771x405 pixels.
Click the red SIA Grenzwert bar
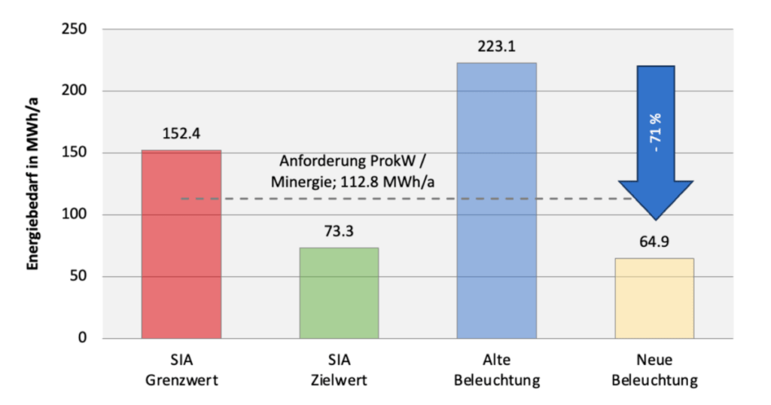[181, 244]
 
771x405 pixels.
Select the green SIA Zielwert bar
[340, 293]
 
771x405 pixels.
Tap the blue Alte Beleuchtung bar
[497, 200]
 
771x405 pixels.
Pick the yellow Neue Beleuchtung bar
[654, 298]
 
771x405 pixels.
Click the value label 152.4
[181, 134]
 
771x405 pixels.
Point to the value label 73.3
[339, 231]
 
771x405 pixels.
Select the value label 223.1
[497, 46]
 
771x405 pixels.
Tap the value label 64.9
[654, 242]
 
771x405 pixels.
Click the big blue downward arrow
[656, 142]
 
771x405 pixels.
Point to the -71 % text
[656, 132]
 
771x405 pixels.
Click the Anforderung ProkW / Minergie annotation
[352, 172]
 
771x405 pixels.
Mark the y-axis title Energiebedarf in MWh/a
[32, 184]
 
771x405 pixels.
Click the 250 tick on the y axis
[75, 29]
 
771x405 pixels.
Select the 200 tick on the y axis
[75, 90]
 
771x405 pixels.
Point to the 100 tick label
[75, 215]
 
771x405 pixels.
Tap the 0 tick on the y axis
[82, 338]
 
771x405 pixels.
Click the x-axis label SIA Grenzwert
[181, 370]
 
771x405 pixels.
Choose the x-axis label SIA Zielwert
[340, 370]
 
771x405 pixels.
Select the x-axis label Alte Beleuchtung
[497, 370]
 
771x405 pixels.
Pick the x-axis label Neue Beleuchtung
[654, 370]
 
